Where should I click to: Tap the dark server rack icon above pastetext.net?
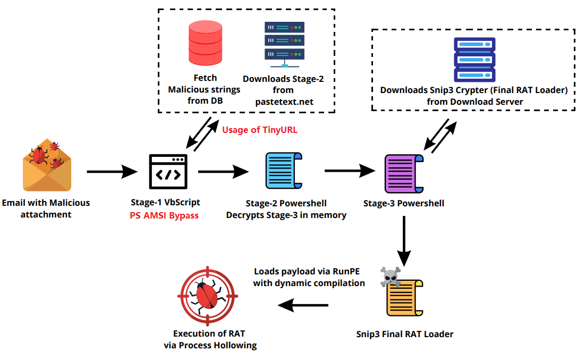pos(284,44)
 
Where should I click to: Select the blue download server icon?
pos(474,60)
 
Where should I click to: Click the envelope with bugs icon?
pos(47,166)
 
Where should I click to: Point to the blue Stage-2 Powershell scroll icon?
pos(284,171)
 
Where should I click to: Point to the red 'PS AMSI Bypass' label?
pos(165,215)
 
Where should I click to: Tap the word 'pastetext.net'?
pos(283,101)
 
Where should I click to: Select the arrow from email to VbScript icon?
pos(112,172)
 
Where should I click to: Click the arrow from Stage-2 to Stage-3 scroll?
pos(350,171)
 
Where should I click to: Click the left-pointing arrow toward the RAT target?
pos(303,305)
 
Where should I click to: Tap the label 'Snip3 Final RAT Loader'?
pos(404,334)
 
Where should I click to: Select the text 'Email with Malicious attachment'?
pos(46,208)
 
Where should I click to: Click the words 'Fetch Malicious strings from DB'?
pos(205,89)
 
